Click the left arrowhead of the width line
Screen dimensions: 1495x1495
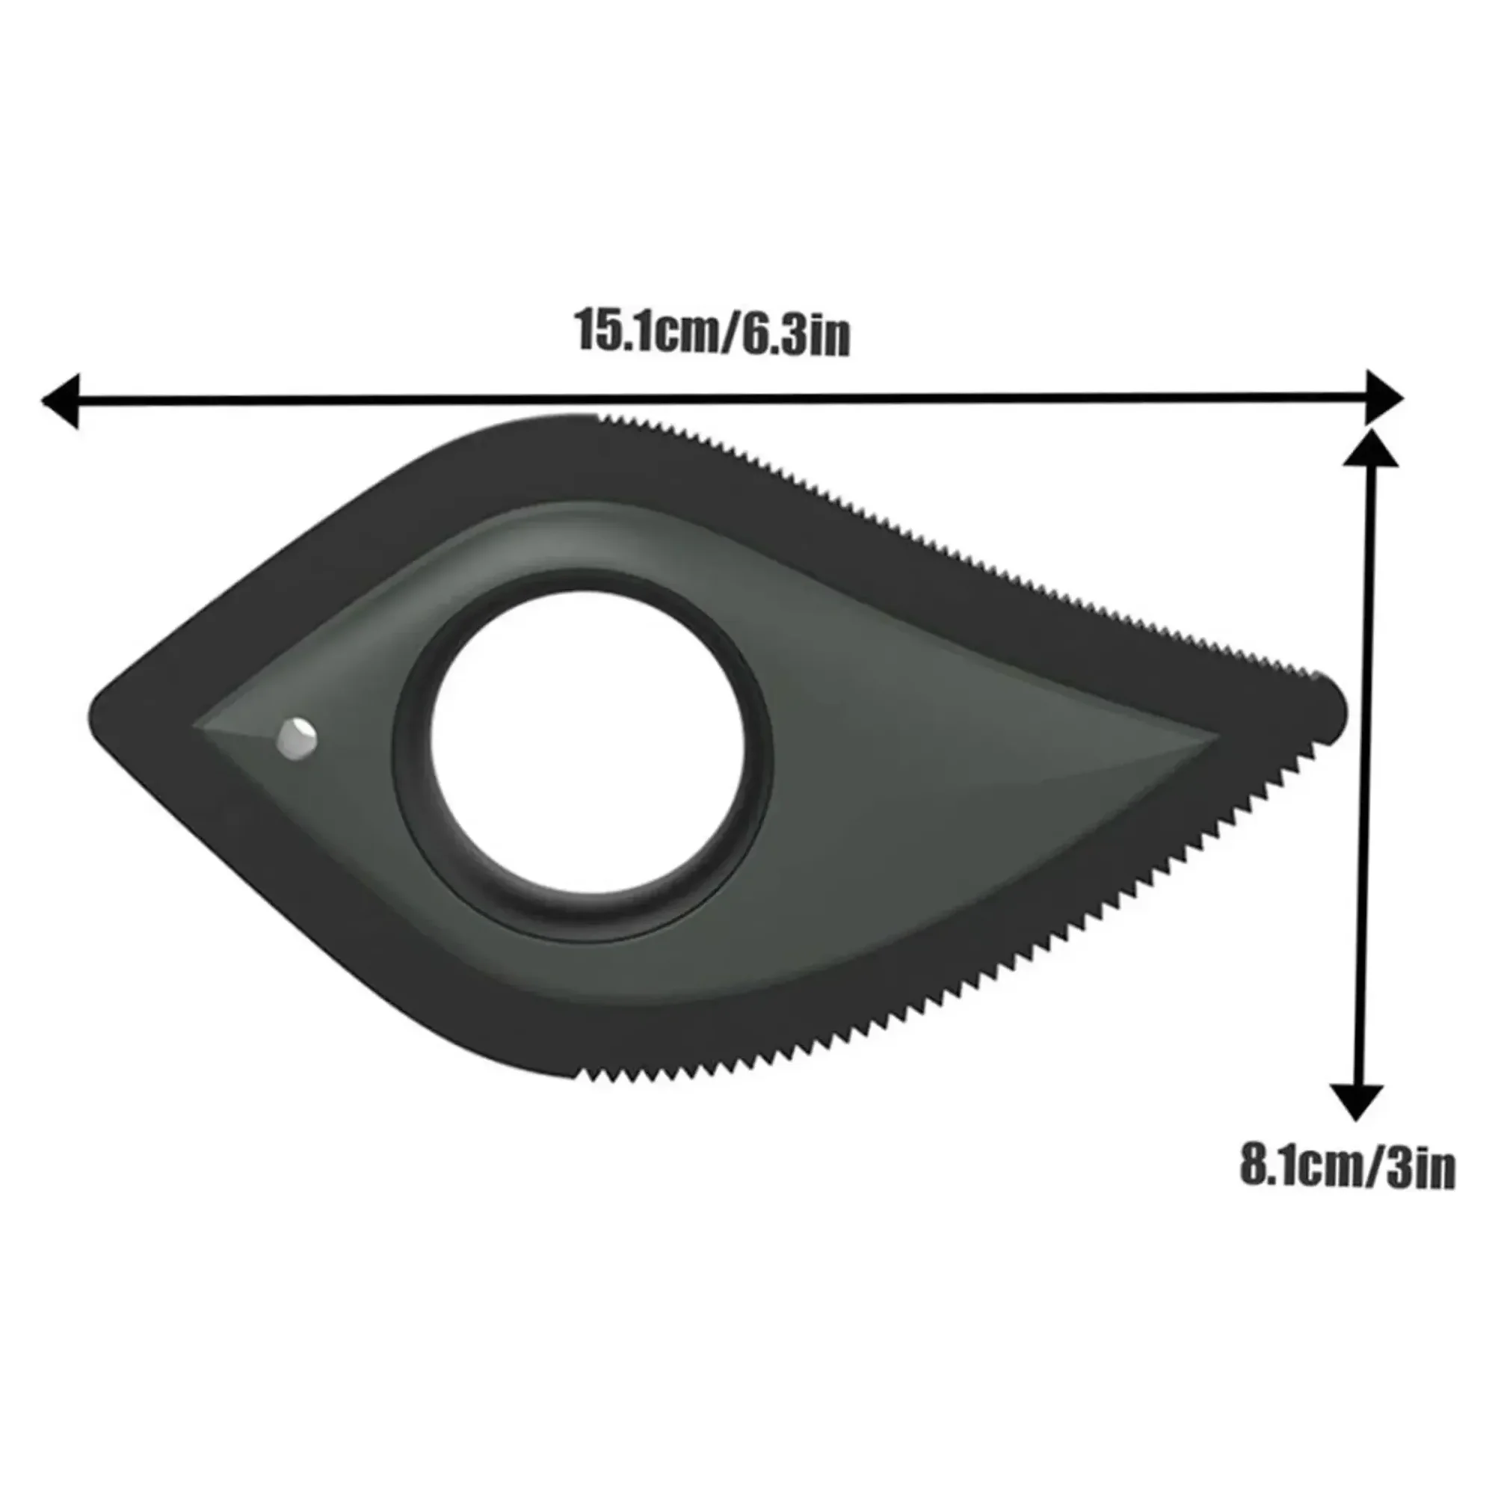(x=61, y=400)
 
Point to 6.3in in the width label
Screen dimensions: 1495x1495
(x=797, y=335)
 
